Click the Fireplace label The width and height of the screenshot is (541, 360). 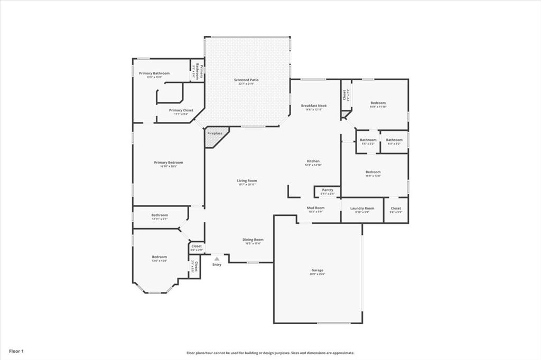point(214,134)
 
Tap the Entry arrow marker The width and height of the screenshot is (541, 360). point(217,259)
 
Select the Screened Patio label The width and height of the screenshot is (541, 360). point(246,80)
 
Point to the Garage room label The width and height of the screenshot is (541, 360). point(317,270)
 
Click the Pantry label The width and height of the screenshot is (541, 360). point(328,190)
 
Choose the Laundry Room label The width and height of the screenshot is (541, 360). point(362,209)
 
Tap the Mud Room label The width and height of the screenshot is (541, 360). point(315,208)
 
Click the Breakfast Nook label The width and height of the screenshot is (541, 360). point(314,106)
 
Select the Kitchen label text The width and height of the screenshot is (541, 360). point(313,161)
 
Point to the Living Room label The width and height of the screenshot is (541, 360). point(247,181)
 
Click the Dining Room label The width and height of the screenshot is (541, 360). point(254,240)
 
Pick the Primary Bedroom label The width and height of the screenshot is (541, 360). point(169,163)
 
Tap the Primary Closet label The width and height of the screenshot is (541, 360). point(181,110)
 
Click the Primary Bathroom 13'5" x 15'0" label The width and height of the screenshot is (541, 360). point(154,73)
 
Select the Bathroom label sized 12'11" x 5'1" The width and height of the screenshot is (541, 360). point(160,215)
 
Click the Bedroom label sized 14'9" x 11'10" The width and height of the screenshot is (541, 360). point(378,103)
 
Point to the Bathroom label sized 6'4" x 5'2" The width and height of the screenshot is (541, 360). point(394,140)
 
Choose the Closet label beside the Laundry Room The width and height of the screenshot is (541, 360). point(396,209)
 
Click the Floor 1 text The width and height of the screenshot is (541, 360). point(16,350)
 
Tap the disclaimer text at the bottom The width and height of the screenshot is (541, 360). point(270,353)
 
